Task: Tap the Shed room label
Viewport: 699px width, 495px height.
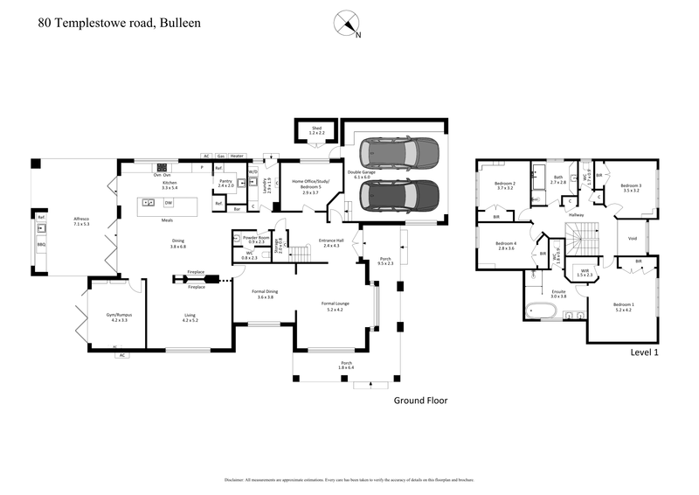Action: pyautogui.click(x=316, y=129)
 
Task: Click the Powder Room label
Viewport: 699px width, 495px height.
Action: pyautogui.click(x=256, y=238)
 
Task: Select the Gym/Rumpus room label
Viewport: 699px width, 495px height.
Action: pyautogui.click(x=119, y=317)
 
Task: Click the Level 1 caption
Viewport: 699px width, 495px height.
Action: pyautogui.click(x=644, y=352)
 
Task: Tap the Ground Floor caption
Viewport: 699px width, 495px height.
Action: pyautogui.click(x=420, y=401)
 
